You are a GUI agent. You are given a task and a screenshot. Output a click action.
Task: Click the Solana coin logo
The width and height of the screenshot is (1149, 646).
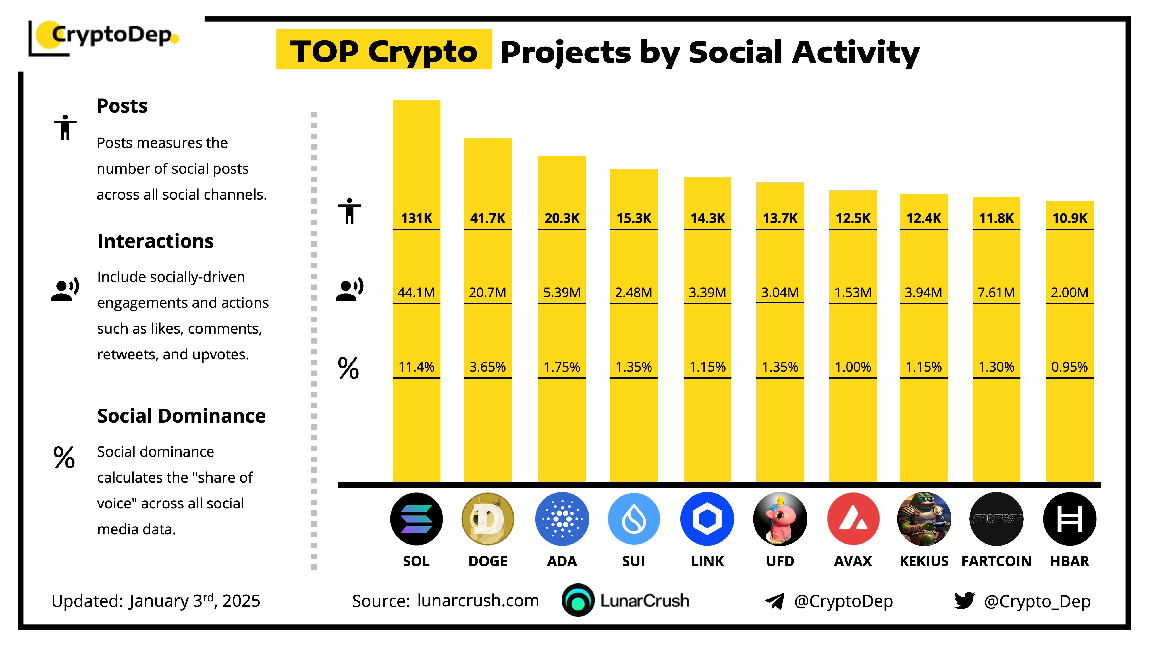coord(416,519)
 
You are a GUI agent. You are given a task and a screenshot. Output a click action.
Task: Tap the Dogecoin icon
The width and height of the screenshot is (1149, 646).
coord(487,519)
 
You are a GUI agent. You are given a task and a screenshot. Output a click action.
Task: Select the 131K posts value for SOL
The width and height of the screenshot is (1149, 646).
coord(416,218)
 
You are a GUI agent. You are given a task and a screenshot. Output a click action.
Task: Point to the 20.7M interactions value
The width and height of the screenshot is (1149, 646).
coord(487,293)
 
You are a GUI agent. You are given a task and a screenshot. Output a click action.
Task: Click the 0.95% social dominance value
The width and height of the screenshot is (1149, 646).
coord(1069,367)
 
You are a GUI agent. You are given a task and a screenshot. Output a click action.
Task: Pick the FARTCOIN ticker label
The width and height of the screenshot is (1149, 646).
coord(996,561)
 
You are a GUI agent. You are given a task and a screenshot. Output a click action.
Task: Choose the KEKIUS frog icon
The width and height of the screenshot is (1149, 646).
coord(924,519)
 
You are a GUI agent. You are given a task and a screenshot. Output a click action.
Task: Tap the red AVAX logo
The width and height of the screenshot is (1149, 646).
coord(853,519)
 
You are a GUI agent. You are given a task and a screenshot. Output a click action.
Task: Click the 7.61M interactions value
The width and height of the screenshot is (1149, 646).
coord(996,293)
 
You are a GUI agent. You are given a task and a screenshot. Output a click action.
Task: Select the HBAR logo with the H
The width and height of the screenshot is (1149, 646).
coord(1069,519)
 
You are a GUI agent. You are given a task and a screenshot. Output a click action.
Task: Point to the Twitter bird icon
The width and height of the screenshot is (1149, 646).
coord(964,601)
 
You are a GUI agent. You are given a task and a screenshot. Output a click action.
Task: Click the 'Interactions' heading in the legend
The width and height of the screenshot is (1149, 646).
coord(155,241)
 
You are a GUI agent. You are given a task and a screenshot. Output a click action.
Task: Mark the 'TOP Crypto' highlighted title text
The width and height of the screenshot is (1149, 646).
coord(383,51)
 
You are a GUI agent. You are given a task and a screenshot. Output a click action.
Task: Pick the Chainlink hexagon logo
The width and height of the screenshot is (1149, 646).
coord(707,519)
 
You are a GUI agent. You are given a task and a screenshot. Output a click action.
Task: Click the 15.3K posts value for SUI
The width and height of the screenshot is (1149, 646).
coord(633,218)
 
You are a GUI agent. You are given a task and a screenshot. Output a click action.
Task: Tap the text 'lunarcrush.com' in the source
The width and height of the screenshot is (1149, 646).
coord(478,601)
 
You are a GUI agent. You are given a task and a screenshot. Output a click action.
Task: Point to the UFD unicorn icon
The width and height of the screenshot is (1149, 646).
coord(780,519)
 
